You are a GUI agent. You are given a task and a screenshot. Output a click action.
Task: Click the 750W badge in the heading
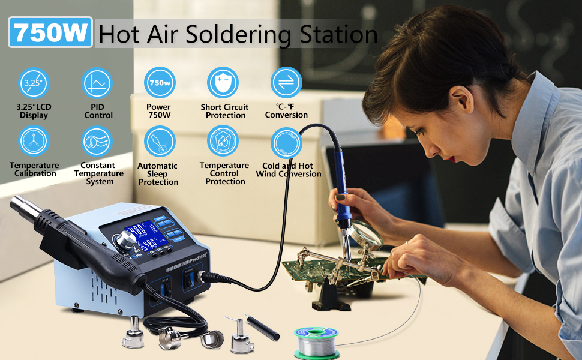pos(51,32)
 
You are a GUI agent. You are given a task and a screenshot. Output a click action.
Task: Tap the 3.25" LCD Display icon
pos(34,83)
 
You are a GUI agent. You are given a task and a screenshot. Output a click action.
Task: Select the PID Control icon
pos(97,83)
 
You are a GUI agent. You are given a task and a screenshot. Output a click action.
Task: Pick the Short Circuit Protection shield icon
pos(223,83)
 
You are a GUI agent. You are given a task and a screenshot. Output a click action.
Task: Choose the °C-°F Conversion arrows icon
pos(286,83)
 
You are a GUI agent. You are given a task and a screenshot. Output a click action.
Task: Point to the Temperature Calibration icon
pos(34,142)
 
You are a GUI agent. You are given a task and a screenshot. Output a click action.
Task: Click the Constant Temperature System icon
pos(97,142)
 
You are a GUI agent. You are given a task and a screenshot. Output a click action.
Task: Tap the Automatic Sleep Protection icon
pos(159,142)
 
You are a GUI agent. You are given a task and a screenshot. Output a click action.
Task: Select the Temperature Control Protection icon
pos(223,142)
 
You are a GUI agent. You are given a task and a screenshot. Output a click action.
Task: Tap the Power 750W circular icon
pos(159,83)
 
